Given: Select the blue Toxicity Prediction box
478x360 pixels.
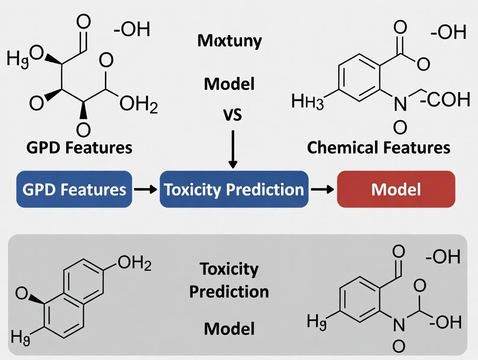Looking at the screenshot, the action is [x=234, y=189].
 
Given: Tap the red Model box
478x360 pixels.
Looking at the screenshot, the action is [x=396, y=189].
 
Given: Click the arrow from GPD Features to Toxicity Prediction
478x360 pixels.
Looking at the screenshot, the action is [x=145, y=190].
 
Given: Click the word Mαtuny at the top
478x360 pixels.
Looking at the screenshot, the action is [x=229, y=41].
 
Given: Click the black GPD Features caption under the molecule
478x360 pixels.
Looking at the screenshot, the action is [x=79, y=148].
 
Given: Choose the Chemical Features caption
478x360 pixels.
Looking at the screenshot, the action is [x=378, y=148].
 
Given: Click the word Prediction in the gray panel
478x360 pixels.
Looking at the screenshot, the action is [x=229, y=292].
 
